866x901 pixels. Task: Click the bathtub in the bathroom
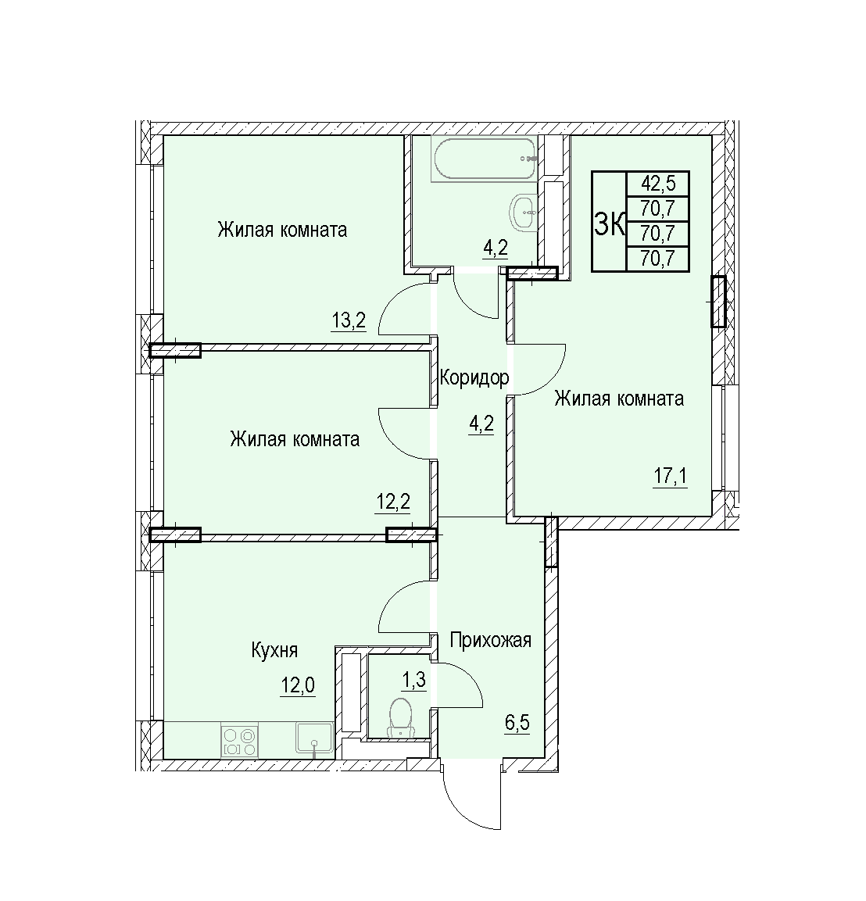tap(485, 159)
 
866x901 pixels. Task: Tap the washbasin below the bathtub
tap(524, 212)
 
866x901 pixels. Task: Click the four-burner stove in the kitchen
tap(240, 742)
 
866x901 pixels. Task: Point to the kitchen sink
tap(314, 739)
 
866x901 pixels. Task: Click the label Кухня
tap(274, 650)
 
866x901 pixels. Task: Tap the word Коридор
tap(474, 377)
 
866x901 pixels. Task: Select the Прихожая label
tap(491, 639)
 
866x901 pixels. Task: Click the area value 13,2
tap(349, 320)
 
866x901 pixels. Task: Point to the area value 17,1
tap(671, 477)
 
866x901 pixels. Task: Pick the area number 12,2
tap(393, 502)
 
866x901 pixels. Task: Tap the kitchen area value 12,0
tap(298, 685)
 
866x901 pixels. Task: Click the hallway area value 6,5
tap(517, 722)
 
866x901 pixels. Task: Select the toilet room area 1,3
tap(413, 681)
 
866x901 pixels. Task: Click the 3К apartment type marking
tap(610, 223)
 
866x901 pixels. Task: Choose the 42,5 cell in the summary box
tap(658, 184)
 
